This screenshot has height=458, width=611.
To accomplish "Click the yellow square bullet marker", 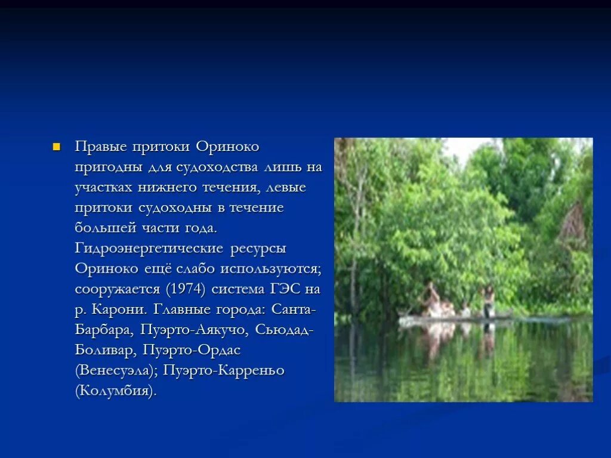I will pos(57,147).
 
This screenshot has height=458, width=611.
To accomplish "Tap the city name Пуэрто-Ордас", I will pos(192,350).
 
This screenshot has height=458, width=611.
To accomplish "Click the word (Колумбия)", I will pos(116,391).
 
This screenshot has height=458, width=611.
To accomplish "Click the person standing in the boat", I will pos(488,300).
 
